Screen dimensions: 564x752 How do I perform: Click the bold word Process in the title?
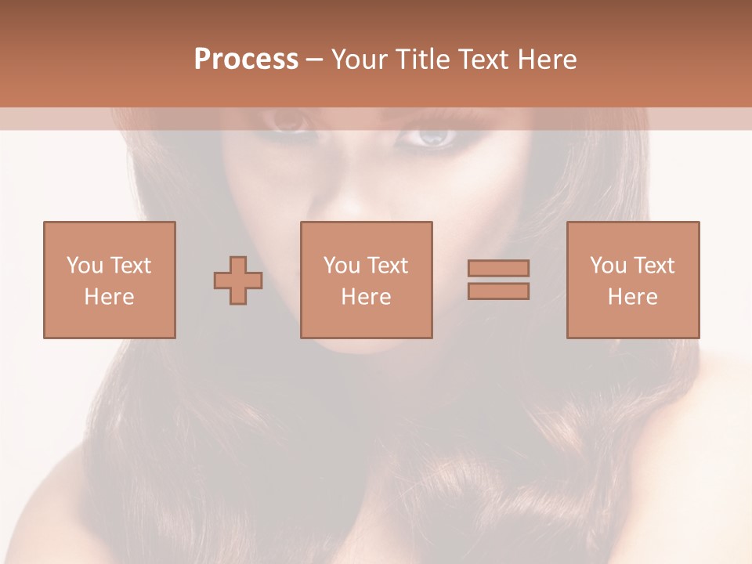246,60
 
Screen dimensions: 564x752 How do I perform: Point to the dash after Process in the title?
314,60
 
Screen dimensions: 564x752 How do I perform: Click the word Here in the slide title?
549,60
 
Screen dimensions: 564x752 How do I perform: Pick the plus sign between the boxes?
238,280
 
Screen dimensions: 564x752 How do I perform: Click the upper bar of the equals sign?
498,268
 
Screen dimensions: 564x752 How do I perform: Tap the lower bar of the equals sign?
498,291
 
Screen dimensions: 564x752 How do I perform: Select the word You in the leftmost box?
85,266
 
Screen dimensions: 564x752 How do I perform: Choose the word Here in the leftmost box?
109,297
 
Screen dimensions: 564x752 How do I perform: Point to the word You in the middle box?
342,266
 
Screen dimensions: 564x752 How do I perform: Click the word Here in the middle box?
366,297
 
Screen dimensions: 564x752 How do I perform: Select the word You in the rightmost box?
608,266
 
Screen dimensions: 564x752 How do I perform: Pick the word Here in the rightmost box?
632,297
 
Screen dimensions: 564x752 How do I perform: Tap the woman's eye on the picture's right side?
431,137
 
